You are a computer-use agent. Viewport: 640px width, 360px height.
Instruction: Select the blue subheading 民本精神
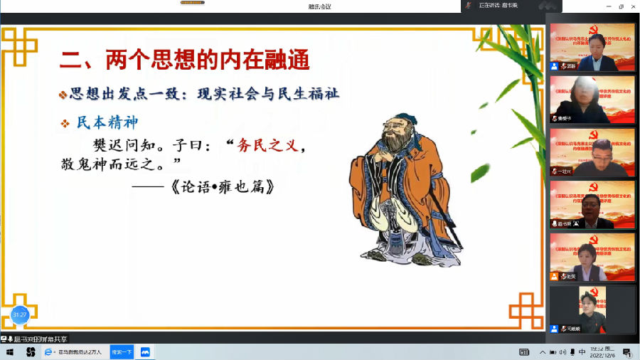pyautogui.click(x=107, y=122)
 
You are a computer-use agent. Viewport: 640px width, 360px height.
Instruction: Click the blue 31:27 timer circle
pyautogui.click(x=19, y=314)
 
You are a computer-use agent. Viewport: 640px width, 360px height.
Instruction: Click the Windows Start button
pyautogui.click(x=10, y=352)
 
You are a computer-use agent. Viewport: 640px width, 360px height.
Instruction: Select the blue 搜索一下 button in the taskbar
pyautogui.click(x=122, y=352)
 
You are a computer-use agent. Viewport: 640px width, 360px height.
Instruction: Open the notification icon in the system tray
pyautogui.click(x=627, y=352)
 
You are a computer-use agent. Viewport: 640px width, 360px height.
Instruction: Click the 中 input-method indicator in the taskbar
pyautogui.click(x=582, y=352)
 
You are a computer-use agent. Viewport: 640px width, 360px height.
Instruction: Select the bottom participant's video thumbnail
pyautogui.click(x=592, y=309)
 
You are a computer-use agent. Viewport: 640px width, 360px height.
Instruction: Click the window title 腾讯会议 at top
pyautogui.click(x=319, y=6)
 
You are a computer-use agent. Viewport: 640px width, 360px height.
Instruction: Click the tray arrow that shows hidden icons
pyautogui.click(x=543, y=352)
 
